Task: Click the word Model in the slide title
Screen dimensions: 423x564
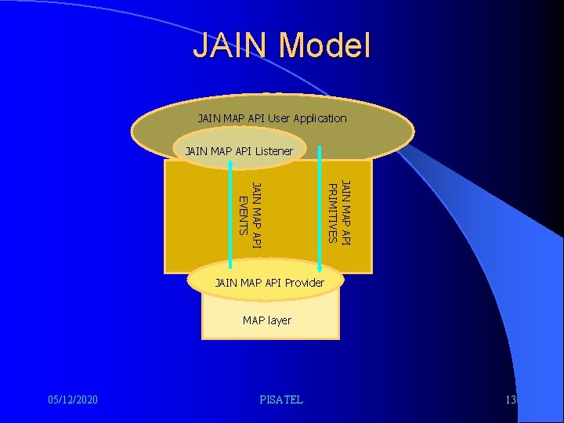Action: click(327, 45)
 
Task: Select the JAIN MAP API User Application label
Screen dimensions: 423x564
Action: click(272, 118)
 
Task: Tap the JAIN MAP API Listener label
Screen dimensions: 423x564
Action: click(238, 150)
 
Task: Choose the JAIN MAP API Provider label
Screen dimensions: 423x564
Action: click(269, 282)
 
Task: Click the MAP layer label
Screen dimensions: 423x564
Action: click(266, 320)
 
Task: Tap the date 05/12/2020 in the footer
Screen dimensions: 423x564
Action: click(72, 400)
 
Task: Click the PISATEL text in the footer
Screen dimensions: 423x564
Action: click(280, 400)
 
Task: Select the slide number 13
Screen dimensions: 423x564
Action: click(511, 400)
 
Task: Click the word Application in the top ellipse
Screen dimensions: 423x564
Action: click(318, 118)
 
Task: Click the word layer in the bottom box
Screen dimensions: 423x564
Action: click(279, 320)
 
